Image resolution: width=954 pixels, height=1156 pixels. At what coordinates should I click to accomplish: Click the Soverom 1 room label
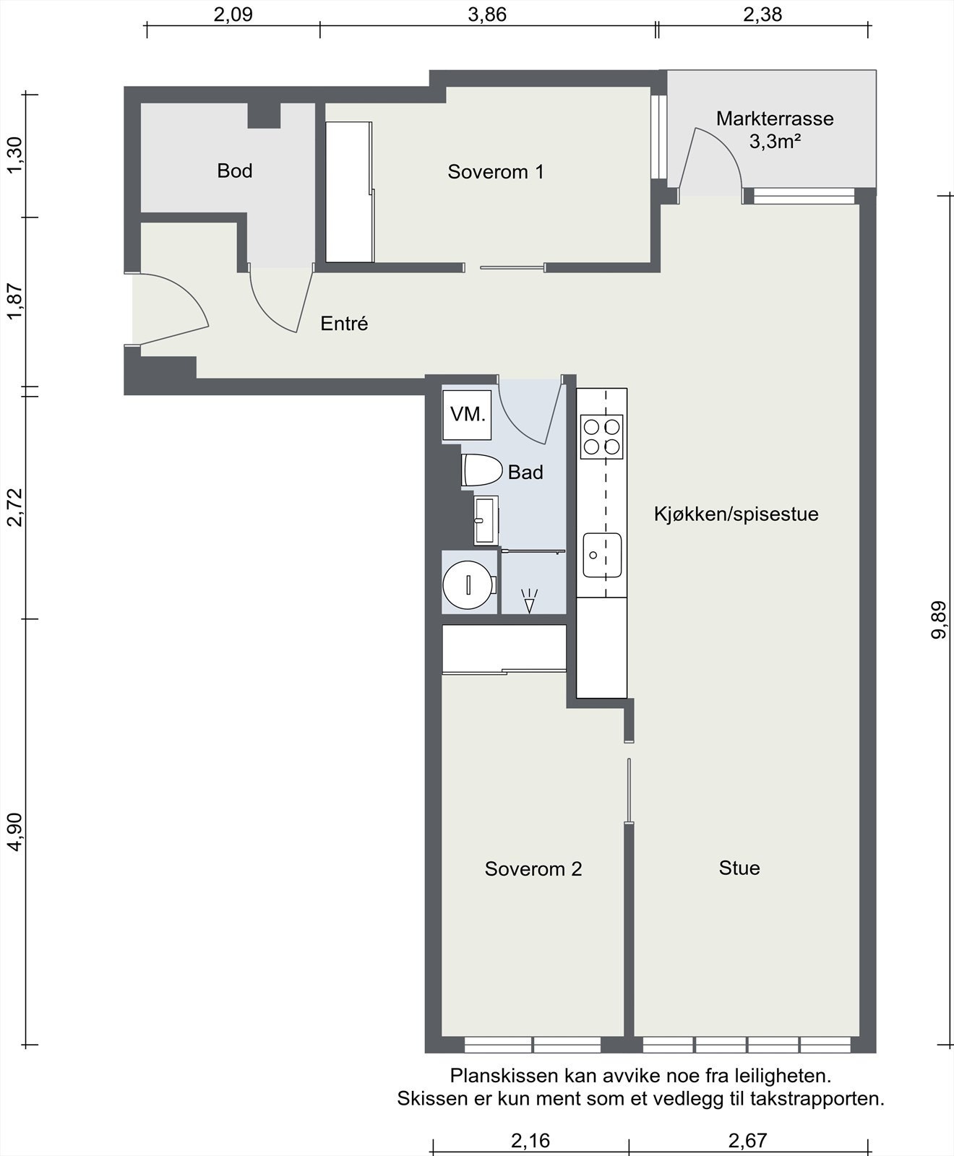coord(496,172)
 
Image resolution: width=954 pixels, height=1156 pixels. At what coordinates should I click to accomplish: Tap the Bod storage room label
coord(235,171)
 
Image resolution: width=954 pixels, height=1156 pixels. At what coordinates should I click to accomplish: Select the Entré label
coord(344,324)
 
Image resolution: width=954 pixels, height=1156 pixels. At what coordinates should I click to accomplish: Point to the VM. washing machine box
coord(467,415)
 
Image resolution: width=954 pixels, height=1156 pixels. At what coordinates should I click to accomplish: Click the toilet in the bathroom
coord(482,470)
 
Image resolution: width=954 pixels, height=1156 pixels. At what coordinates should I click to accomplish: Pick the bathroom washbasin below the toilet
coord(486,520)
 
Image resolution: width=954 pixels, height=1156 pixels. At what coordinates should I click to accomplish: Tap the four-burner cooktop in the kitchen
coord(602,436)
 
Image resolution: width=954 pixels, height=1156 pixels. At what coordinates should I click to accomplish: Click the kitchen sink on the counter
coord(602,555)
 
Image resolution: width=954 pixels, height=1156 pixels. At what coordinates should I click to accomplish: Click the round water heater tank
coord(470,584)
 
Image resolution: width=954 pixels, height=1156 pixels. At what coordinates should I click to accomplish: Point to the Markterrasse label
coord(775,118)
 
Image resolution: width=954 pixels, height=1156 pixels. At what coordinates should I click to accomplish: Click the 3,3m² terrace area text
coord(775,142)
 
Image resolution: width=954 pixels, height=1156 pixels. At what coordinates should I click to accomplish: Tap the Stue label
coord(739,868)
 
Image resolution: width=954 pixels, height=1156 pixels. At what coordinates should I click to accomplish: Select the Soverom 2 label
coord(533,868)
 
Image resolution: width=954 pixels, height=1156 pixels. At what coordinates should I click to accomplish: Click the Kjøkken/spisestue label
coord(736,514)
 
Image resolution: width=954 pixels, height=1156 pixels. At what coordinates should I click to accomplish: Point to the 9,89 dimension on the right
coord(940,621)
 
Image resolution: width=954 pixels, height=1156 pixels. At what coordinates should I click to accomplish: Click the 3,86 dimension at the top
coord(487,14)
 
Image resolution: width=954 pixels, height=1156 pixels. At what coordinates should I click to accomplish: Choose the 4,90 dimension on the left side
coord(15,832)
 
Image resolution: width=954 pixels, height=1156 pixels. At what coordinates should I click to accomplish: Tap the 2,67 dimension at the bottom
coord(747,1141)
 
